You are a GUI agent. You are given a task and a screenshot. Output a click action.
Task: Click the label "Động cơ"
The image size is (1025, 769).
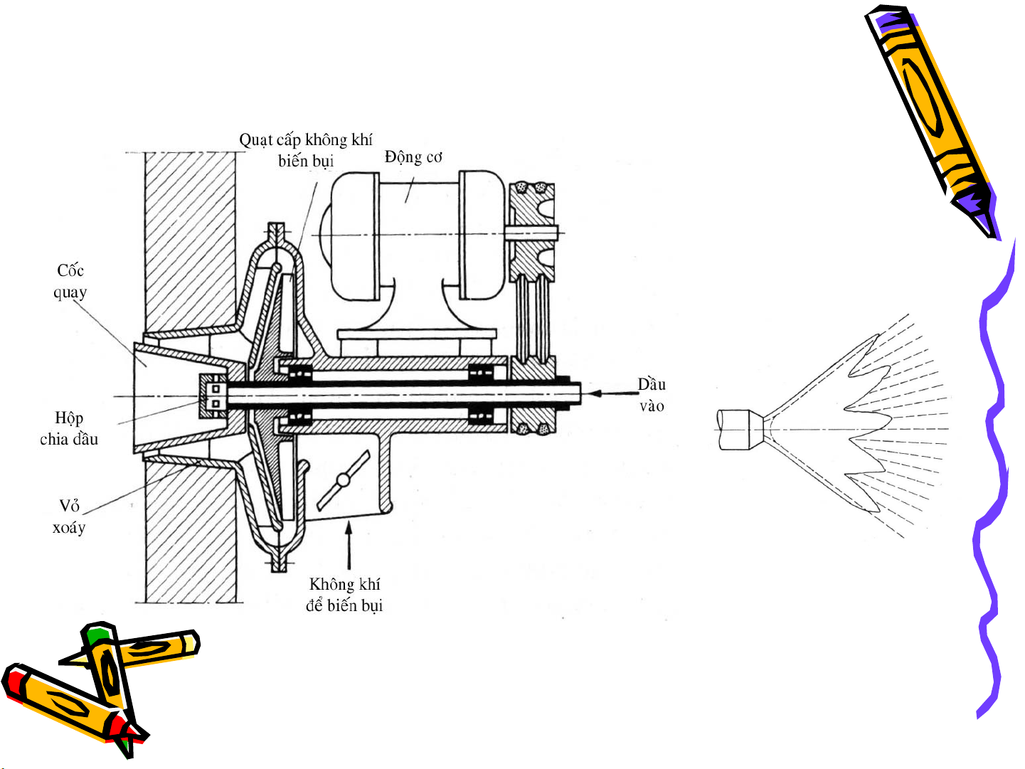[413, 157]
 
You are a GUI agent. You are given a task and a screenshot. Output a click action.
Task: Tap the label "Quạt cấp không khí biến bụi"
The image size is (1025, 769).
[306, 150]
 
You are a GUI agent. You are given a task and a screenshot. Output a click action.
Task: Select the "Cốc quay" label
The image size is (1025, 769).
[70, 282]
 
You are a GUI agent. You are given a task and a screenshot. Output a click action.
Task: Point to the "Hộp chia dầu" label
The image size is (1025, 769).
[69, 428]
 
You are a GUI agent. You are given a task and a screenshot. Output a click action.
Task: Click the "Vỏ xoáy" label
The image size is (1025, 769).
[69, 516]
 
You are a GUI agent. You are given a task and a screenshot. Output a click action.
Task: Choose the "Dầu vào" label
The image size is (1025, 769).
[652, 395]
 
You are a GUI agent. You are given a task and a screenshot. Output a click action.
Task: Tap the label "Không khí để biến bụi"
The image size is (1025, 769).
[344, 595]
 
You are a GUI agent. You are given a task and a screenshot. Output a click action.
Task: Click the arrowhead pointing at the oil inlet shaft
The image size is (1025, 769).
[594, 393]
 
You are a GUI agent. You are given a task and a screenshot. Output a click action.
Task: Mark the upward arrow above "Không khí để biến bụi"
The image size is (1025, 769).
[349, 546]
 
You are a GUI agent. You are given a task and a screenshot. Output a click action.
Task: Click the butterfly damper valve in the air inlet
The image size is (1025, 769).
[344, 479]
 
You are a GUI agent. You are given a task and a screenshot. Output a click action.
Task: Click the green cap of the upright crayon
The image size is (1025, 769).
[97, 635]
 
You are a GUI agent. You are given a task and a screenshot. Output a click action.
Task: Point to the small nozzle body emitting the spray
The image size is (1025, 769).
[740, 430]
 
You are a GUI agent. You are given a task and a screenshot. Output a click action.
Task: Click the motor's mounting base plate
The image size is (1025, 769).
[417, 334]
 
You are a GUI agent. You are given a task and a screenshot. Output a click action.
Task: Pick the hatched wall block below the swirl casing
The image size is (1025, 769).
[191, 532]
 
